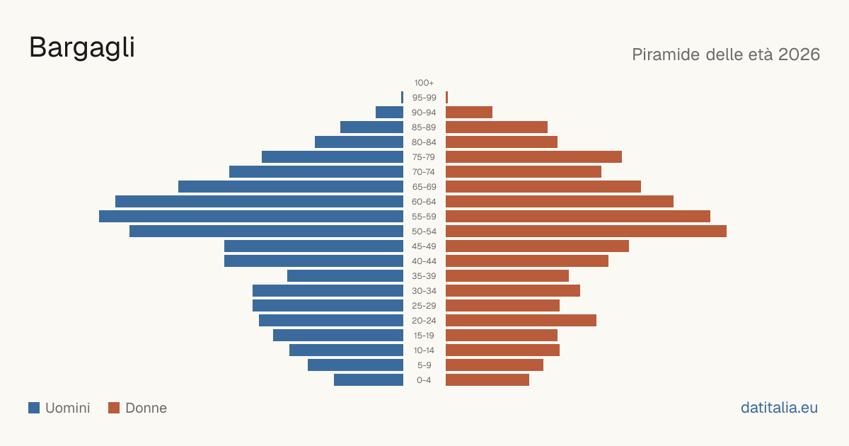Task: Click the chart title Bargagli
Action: (82, 48)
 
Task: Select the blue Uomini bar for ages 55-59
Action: (251, 216)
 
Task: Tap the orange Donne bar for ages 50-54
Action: (586, 231)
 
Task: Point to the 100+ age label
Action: (424, 83)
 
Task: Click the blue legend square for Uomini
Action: (34, 408)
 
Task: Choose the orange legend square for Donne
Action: (114, 408)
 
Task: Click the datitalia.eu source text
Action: (779, 408)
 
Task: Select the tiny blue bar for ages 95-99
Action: (402, 98)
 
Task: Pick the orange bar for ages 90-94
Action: (469, 113)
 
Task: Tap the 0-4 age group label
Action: (424, 380)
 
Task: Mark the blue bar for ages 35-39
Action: (345, 275)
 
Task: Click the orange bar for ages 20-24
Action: (521, 321)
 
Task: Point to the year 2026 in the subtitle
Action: (799, 55)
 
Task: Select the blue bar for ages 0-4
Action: (369, 380)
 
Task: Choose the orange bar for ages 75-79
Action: (533, 157)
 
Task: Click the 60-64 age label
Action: (424, 202)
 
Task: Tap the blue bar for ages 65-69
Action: (291, 187)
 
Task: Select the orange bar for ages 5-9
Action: (495, 365)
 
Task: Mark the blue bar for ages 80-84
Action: (359, 142)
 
